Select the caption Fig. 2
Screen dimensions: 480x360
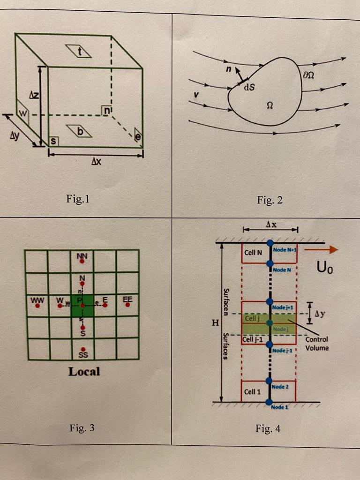(270, 201)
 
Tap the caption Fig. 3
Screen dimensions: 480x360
(82, 427)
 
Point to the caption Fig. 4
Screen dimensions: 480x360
(268, 428)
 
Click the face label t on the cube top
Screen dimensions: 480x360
(79, 52)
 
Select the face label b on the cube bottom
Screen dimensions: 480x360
(79, 132)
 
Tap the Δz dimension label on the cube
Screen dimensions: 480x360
(34, 95)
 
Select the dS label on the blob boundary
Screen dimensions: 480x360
(248, 86)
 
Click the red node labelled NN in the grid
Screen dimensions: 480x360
(82, 262)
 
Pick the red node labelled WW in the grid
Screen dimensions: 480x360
(37, 305)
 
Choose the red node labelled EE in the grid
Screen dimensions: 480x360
(127, 305)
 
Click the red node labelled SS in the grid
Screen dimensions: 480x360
(83, 349)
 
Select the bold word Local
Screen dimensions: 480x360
(84, 372)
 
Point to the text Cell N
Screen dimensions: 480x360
(253, 253)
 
